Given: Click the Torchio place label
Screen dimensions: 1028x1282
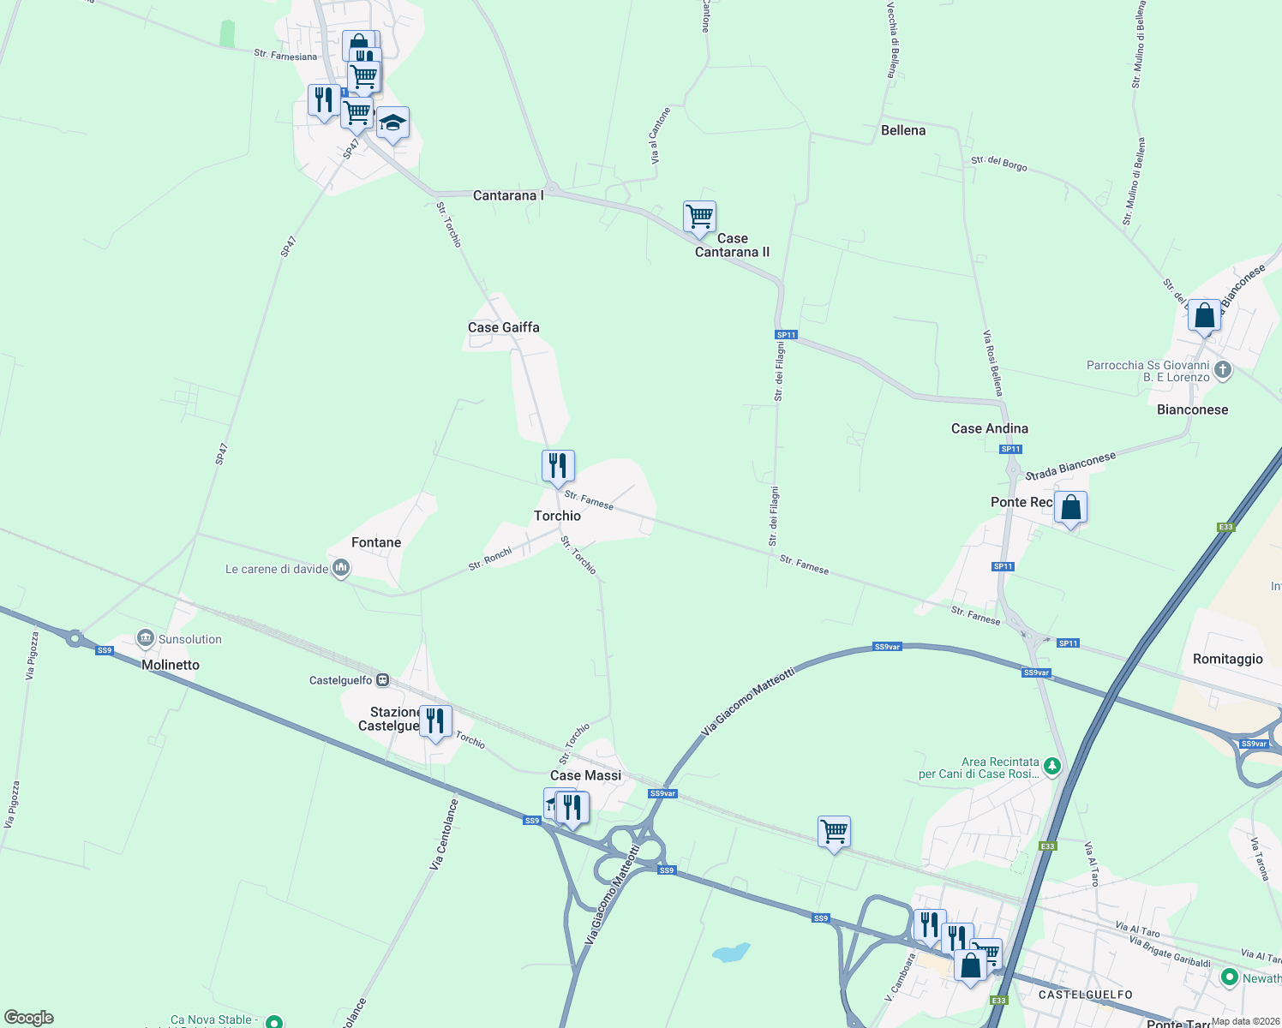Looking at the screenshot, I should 557,516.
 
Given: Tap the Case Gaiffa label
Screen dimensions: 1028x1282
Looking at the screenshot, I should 504,327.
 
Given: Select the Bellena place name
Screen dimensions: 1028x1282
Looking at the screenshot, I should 903,130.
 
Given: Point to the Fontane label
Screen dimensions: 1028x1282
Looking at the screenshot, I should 376,542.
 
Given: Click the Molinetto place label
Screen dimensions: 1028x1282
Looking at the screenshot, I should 171,665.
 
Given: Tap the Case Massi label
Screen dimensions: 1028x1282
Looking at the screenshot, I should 585,775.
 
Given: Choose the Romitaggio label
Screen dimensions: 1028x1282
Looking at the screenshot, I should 1228,659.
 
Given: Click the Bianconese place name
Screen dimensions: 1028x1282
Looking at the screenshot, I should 1192,409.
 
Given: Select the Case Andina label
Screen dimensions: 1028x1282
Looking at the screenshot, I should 990,428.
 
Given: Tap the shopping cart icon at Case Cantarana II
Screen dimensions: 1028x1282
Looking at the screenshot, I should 699,218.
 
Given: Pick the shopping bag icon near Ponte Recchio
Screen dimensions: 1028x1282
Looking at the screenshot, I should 1070,508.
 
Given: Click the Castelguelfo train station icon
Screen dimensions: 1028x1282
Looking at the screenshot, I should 383,680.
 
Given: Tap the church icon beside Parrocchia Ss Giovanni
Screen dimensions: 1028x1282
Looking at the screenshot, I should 1223,370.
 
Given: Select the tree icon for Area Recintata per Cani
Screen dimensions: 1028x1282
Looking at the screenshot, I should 1052,767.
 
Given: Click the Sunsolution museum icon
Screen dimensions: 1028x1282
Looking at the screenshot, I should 147,639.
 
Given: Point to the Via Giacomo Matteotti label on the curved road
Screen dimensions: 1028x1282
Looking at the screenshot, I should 748,702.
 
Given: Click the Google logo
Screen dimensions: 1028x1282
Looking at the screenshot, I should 29,1018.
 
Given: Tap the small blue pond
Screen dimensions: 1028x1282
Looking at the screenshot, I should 730,953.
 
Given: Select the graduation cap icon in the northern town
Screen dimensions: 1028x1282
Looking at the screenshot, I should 393,124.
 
